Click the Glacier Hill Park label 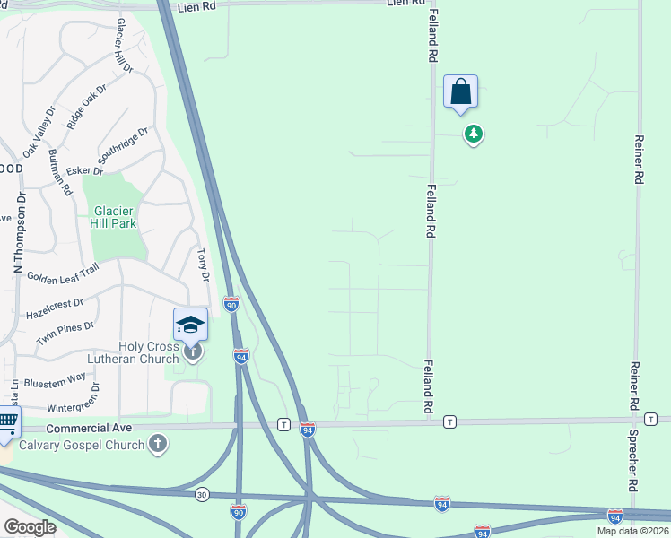117,218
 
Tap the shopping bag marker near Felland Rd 460,92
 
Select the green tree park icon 473,134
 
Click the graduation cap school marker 190,324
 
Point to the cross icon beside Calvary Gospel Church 158,443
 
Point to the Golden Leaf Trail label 62,277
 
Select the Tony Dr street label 203,265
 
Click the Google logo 30,527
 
